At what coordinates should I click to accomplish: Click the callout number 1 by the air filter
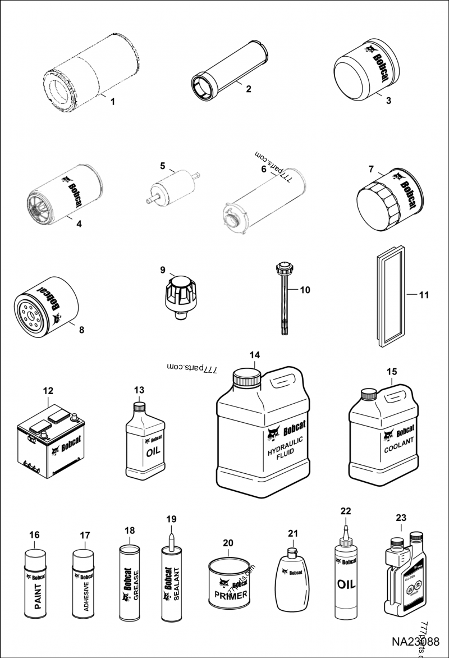112,102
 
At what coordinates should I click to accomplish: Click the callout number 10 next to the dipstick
305,290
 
